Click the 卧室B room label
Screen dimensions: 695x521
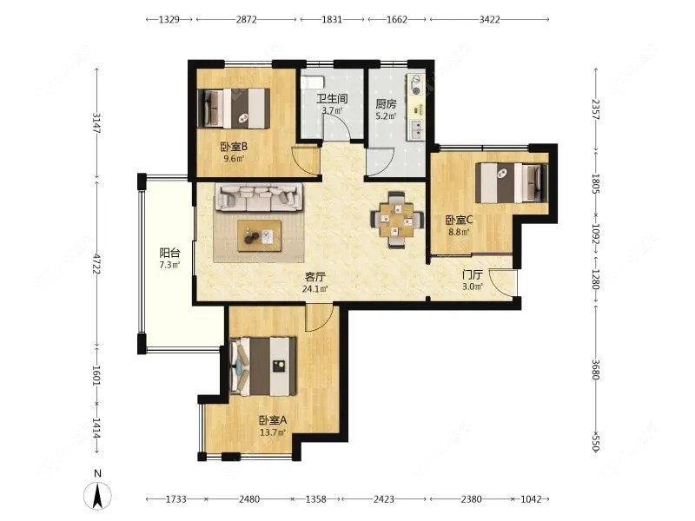tap(234, 146)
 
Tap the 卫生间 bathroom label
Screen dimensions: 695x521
tap(332, 98)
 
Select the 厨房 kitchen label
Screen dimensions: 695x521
tap(386, 104)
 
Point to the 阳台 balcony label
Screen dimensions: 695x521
tap(169, 253)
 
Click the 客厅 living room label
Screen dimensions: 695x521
tap(315, 277)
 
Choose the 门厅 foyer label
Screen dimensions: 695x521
tap(472, 274)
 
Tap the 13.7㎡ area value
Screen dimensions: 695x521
tap(273, 432)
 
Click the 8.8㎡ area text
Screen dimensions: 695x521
tap(459, 232)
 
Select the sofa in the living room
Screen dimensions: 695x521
tap(259, 197)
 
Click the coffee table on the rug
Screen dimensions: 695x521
tap(259, 235)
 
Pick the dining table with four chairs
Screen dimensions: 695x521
tap(396, 220)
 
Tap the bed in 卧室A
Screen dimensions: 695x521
tap(263, 366)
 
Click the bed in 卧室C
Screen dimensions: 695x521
tap(512, 183)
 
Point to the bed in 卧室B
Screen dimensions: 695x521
tap(234, 109)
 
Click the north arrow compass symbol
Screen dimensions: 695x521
tap(98, 495)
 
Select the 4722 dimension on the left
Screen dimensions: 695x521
tap(96, 263)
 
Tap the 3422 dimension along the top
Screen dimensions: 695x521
tap(490, 19)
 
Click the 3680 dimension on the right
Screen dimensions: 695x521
tap(595, 368)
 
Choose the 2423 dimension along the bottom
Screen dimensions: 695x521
tap(384, 499)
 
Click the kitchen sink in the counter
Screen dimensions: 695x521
tap(417, 130)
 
